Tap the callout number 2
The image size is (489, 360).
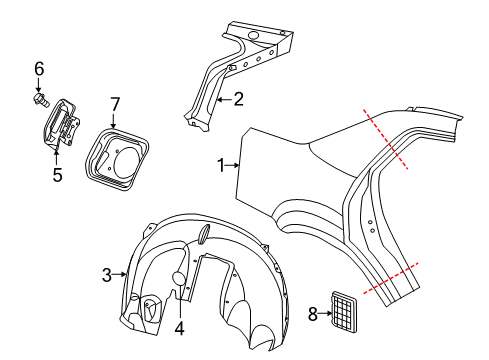[238, 98]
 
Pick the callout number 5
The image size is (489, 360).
[57, 176]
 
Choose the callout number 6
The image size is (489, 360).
[39, 68]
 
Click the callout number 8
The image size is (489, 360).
[313, 313]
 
